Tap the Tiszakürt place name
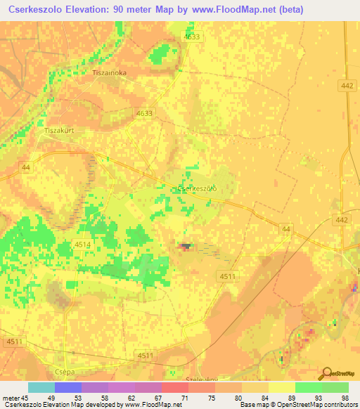click(59, 131)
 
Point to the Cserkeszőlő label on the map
click(195, 188)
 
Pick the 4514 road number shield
click(83, 243)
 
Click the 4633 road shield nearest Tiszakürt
click(144, 112)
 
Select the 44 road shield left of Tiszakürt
click(26, 167)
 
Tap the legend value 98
click(345, 397)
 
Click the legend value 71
click(184, 397)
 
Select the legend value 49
click(51, 397)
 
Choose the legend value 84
click(264, 397)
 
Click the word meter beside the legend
click(13, 397)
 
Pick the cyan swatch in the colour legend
click(41, 387)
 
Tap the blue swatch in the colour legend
click(67, 387)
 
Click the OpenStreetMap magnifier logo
click(326, 375)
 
